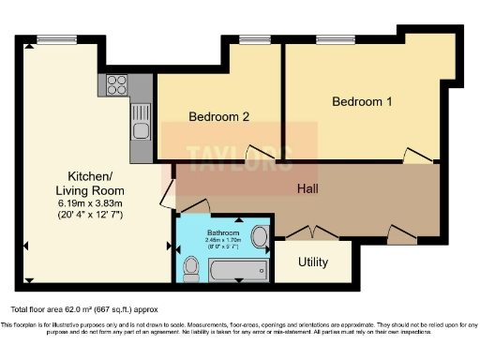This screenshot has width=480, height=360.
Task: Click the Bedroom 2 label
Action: click(218, 117)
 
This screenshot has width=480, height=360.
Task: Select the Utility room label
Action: click(312, 262)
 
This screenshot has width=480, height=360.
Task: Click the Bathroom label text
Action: click(223, 232)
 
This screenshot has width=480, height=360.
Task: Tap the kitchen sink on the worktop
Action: click(140, 121)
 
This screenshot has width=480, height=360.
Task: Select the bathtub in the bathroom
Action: click(236, 271)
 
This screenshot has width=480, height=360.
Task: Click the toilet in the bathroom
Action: click(191, 269)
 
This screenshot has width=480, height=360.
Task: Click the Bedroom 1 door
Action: click(414, 155)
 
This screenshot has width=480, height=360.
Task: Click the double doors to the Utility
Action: click(312, 232)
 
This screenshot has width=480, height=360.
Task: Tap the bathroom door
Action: click(193, 206)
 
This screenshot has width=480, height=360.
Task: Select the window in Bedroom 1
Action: click(328, 40)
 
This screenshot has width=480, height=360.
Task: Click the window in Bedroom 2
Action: click(252, 40)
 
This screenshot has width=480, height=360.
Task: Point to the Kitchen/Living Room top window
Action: click(50, 38)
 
